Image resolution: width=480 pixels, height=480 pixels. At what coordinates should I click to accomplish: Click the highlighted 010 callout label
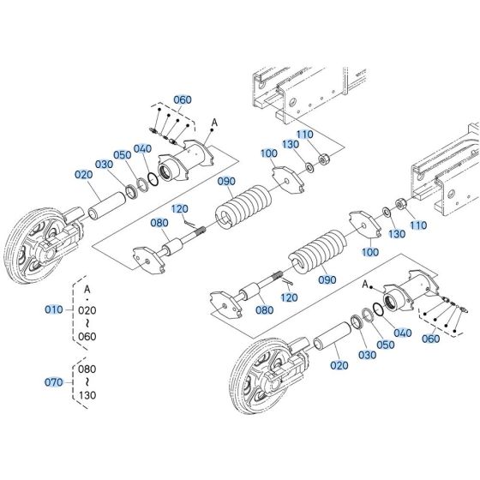pyautogui.click(x=54, y=309)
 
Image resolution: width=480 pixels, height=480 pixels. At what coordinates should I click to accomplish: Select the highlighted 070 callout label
pyautogui.click(x=54, y=381)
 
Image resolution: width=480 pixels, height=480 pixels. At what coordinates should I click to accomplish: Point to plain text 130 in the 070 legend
pyautogui.click(x=87, y=397)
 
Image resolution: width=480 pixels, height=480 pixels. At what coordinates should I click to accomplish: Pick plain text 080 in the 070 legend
pyautogui.click(x=87, y=369)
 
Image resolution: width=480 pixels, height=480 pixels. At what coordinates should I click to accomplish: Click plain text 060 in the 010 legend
pyautogui.click(x=87, y=337)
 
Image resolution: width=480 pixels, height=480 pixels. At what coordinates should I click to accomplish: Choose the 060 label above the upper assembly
pyautogui.click(x=183, y=100)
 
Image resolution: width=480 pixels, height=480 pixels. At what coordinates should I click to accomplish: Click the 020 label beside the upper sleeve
pyautogui.click(x=83, y=174)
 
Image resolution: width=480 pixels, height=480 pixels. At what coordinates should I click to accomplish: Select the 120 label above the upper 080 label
pyautogui.click(x=179, y=208)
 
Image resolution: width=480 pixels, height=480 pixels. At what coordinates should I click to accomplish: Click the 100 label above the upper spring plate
pyautogui.click(x=268, y=153)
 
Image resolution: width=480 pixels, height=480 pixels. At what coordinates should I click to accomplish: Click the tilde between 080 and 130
pyautogui.click(x=87, y=383)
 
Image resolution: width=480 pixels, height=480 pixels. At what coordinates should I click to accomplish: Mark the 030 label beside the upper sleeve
pyautogui.click(x=105, y=164)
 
